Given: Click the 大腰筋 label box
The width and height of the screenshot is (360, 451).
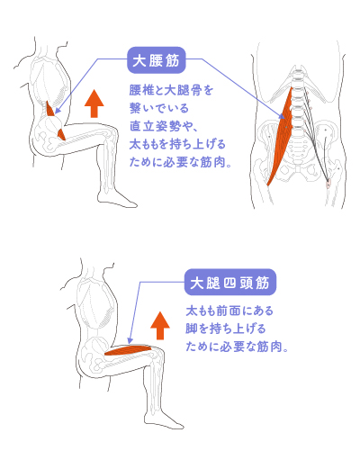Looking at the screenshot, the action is [157, 60].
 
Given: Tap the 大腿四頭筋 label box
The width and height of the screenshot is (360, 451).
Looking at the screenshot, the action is [230, 283].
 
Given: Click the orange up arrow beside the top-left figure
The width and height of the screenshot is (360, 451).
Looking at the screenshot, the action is [94, 104].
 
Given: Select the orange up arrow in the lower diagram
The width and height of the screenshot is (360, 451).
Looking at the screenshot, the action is [160, 326].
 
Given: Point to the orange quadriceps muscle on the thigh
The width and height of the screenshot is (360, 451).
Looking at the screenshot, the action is [129, 350].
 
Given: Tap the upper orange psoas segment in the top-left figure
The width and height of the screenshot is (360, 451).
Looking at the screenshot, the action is [50, 109].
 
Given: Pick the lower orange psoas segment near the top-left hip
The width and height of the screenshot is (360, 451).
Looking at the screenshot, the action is [61, 134].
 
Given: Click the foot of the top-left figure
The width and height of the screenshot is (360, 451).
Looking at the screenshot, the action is [118, 200].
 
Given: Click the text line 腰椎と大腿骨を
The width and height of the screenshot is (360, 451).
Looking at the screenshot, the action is [171, 90].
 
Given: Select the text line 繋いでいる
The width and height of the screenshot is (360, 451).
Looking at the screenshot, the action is [159, 108].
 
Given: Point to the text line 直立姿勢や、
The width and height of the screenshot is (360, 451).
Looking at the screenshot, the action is [164, 126].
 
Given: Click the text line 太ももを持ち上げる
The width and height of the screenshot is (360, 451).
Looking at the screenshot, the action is [177, 144].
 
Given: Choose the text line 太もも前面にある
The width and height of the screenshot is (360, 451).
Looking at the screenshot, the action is [229, 311].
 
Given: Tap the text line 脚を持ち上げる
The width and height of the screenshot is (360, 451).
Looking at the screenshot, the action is [226, 329].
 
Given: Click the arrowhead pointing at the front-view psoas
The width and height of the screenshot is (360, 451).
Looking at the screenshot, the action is [282, 116].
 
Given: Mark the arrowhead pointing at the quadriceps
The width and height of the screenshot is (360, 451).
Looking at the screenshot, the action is [130, 340].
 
